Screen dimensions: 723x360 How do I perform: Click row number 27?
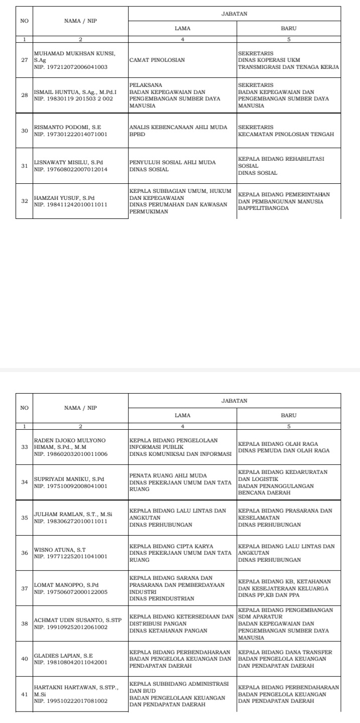(24, 60)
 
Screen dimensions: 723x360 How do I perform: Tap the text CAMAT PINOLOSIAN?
(157, 60)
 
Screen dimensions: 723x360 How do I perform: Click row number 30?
(24, 131)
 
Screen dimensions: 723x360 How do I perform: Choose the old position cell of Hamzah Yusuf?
(182, 201)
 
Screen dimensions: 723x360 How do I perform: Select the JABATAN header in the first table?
(234, 15)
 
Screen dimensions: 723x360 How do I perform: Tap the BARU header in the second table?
(289, 415)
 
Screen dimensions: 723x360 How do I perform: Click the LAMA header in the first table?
(182, 29)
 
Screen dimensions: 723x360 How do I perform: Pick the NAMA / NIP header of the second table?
(80, 408)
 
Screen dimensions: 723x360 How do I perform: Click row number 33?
(24, 447)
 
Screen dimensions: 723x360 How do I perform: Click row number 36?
(24, 553)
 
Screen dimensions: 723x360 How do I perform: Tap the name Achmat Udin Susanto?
(78, 620)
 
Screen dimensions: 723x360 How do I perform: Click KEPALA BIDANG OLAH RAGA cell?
(288, 447)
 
